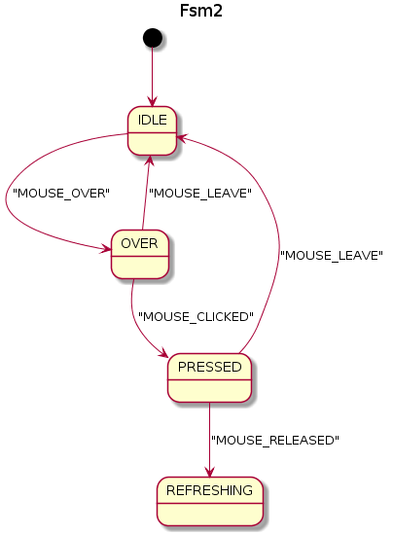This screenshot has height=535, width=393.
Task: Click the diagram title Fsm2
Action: pos(195,11)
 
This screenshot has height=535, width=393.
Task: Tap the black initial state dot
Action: pos(152,37)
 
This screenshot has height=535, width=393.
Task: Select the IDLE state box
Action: pos(152,129)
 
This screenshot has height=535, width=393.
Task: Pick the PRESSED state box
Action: pos(209,377)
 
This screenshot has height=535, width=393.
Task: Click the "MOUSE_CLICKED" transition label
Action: pos(196,316)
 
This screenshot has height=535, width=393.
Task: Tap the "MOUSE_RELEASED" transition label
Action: pos(275,440)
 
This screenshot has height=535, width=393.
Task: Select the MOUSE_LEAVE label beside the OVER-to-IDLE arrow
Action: pos(199,193)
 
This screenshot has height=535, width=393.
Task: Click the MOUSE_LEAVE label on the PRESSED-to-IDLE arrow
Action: pos(331,255)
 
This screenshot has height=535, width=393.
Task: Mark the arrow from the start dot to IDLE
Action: pos(152,76)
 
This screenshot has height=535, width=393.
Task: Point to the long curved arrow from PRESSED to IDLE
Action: pos(277,243)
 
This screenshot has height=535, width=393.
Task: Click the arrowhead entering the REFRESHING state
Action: pos(209,472)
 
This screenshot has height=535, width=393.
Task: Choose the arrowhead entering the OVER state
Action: pos(106,250)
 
